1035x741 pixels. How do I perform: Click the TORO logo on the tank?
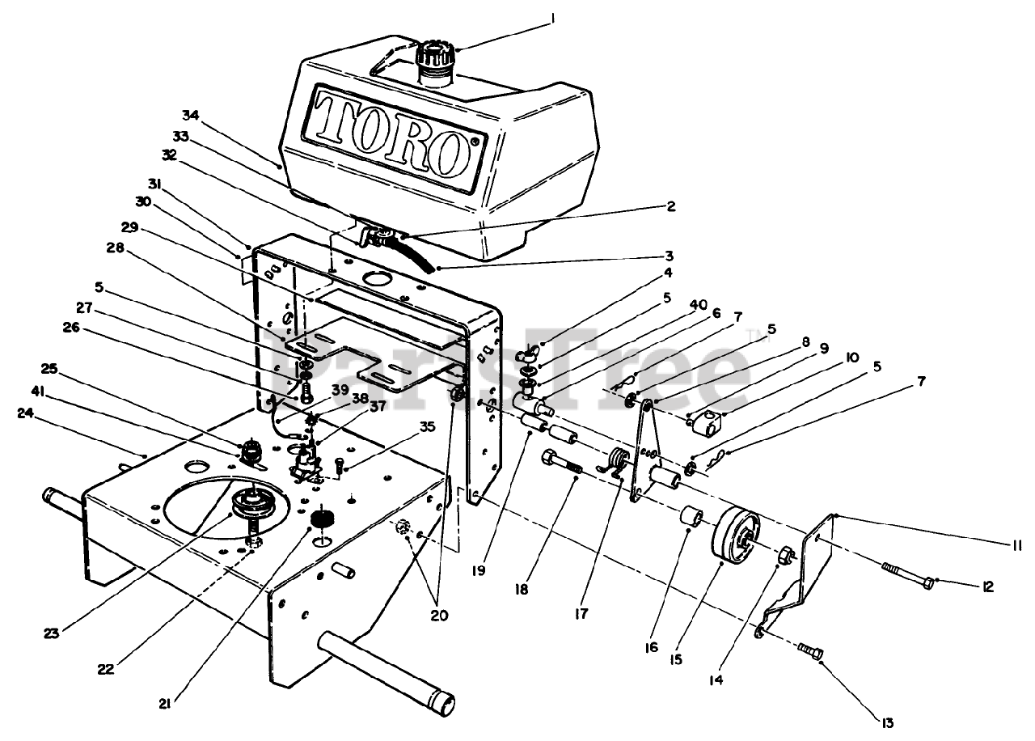pos(393,133)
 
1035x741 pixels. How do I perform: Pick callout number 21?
pos(164,703)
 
